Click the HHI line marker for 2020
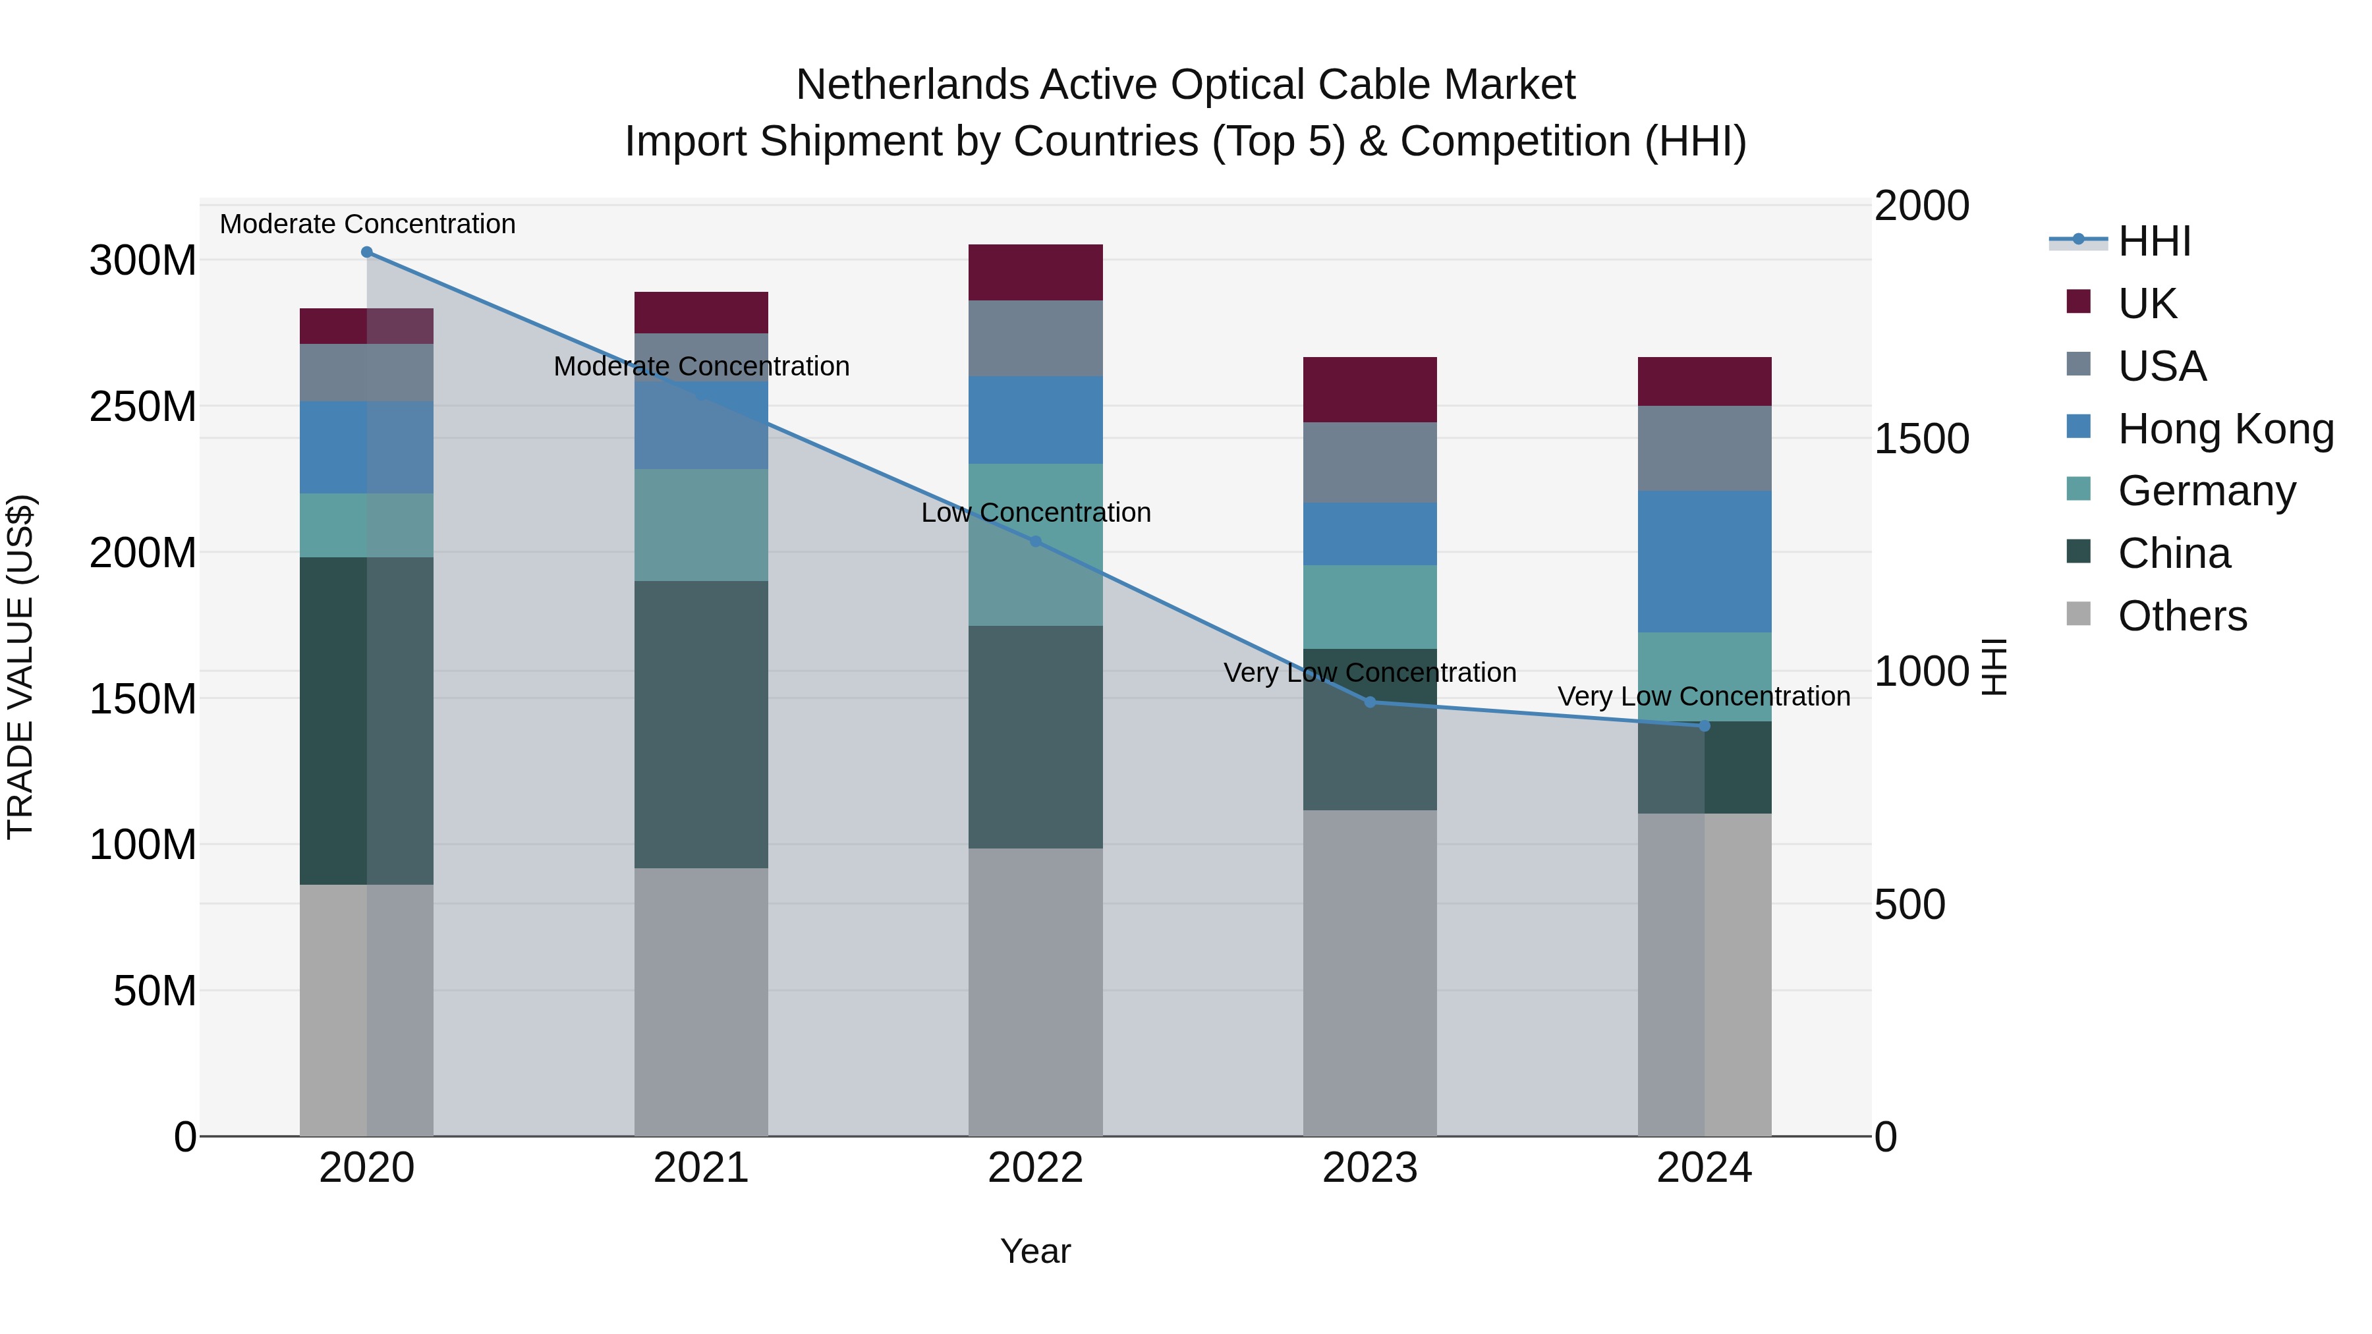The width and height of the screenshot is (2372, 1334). [x=366, y=252]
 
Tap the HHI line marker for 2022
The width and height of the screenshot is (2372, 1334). [x=1035, y=542]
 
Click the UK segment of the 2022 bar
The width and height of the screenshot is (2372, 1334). [x=1035, y=273]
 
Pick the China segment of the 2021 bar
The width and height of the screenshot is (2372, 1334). [x=701, y=725]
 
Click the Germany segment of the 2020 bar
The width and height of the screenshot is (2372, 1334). [x=366, y=526]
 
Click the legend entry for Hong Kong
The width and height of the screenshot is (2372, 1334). [x=2224, y=429]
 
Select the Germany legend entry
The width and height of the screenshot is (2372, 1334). [x=2206, y=491]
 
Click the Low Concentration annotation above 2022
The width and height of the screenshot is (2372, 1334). [x=1035, y=513]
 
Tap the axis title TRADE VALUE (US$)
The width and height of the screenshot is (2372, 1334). [x=21, y=667]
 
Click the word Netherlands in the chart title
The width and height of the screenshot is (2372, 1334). [x=912, y=85]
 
